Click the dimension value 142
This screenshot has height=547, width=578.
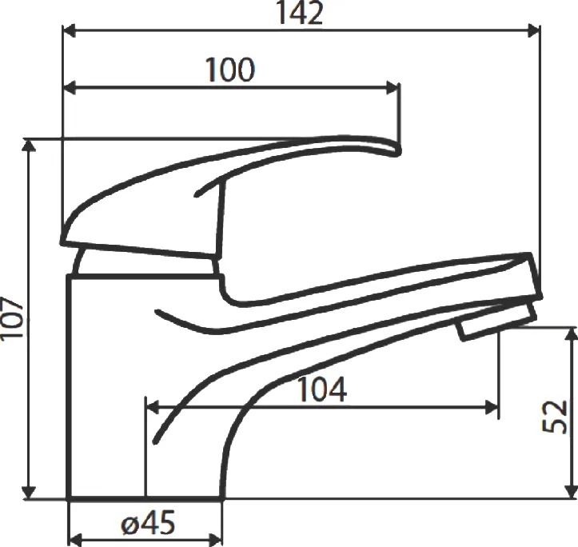point(301,14)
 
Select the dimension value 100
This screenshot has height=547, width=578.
point(230,70)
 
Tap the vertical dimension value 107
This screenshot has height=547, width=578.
point(13,317)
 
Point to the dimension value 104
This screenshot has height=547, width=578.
point(322,389)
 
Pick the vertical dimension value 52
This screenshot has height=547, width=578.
point(555,417)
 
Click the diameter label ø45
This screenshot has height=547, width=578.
point(148,523)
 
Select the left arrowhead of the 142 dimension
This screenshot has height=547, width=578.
point(70,31)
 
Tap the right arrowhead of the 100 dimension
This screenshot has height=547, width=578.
point(393,88)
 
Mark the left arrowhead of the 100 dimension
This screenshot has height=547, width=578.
point(70,88)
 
